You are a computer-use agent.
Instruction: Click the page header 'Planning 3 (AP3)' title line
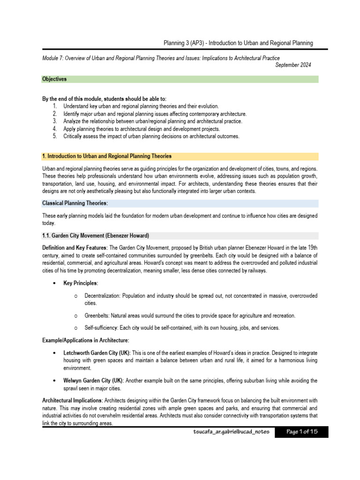pyautogui.click(x=238, y=43)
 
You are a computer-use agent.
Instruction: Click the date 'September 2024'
pyautogui.click(x=293, y=65)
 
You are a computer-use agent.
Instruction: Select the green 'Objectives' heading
pyautogui.click(x=54, y=79)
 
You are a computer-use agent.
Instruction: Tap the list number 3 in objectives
pyautogui.click(x=55, y=121)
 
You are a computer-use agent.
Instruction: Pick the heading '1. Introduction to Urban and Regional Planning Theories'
pyautogui.click(x=107, y=156)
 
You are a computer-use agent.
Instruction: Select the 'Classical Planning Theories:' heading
pyautogui.click(x=75, y=203)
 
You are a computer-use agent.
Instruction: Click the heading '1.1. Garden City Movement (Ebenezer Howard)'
pyautogui.click(x=96, y=235)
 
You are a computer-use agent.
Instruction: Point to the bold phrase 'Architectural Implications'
pyautogui.click(x=72, y=401)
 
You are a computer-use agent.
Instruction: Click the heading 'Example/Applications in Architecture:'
pyautogui.click(x=85, y=340)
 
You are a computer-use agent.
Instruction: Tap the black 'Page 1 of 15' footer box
pyautogui.click(x=301, y=432)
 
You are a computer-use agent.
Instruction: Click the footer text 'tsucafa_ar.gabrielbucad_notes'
pyautogui.click(x=227, y=432)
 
